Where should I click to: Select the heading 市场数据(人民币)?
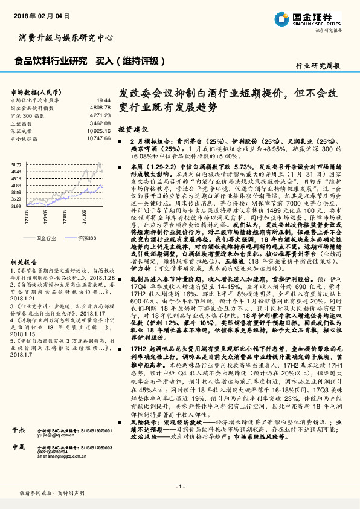pyautogui.click(x=31, y=91)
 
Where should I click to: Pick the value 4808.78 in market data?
pyautogui.click(x=100, y=106)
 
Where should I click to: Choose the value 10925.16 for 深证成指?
pyautogui.click(x=99, y=130)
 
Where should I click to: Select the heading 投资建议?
pyautogui.click(x=133, y=130)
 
